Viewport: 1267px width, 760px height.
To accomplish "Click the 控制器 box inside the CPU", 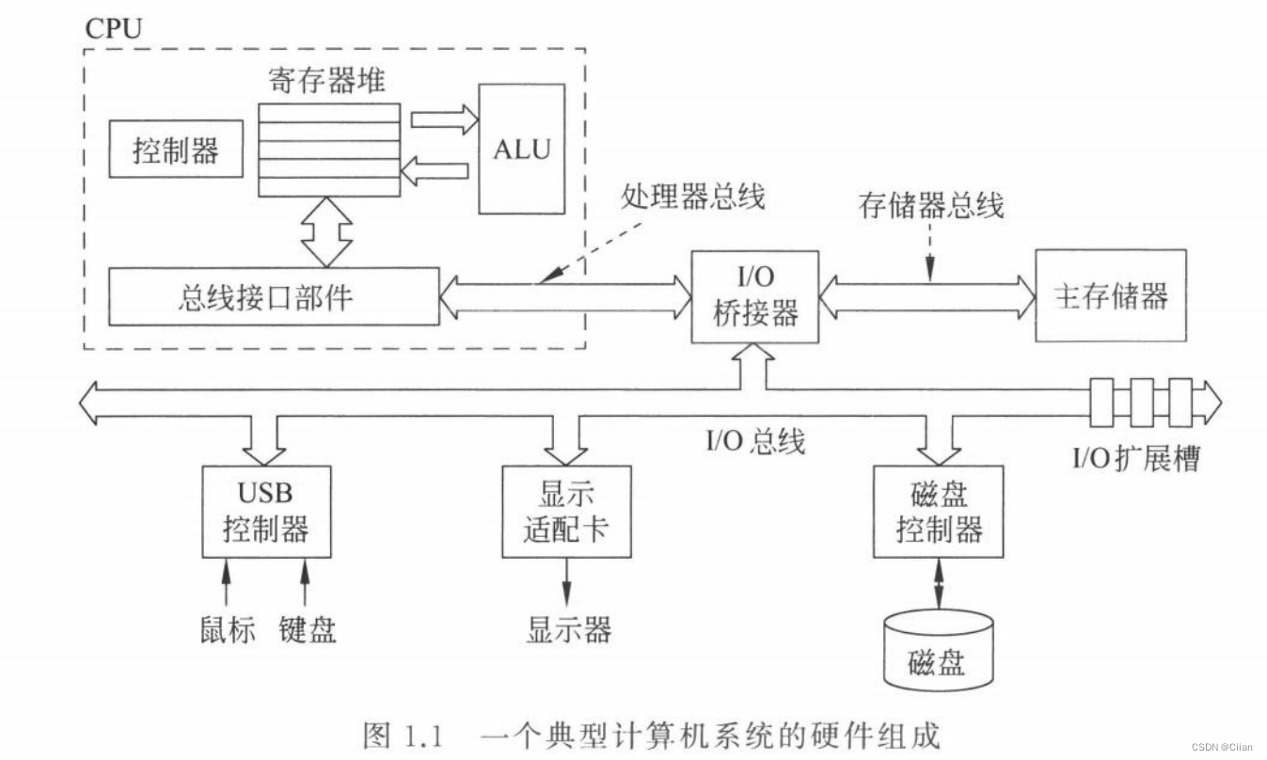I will click(x=175, y=150).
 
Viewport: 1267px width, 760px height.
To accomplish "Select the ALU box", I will click(x=522, y=149).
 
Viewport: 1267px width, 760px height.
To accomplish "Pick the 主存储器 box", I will click(x=1110, y=295).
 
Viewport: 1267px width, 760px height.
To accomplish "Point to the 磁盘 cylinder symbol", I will click(x=938, y=649).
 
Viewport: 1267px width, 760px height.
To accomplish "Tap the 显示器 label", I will click(x=568, y=628).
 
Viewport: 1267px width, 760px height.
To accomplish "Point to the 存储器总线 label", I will click(x=931, y=204).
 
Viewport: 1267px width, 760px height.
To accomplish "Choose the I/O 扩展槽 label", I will click(x=1136, y=459).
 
